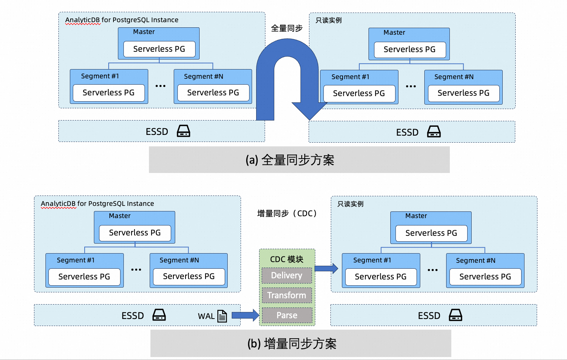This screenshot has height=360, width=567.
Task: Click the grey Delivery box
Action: [287, 275]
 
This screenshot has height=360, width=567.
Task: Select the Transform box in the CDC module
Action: [287, 295]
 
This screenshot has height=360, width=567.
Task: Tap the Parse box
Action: [287, 315]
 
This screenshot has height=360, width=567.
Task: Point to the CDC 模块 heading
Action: [287, 259]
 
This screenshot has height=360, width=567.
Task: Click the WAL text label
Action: [206, 316]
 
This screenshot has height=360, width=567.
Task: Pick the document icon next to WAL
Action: [222, 316]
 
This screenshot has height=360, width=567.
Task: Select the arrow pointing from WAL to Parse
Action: [245, 315]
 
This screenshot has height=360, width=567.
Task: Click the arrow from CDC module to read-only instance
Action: [326, 268]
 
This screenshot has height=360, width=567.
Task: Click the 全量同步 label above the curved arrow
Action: [287, 28]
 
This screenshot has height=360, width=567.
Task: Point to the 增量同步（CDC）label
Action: [287, 214]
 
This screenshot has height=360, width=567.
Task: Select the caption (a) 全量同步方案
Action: [290, 160]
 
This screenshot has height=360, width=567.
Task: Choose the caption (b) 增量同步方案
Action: [292, 344]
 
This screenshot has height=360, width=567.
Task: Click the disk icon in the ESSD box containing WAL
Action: [159, 315]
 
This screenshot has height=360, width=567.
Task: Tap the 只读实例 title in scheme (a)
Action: [329, 20]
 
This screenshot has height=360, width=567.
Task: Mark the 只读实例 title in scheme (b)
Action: [350, 204]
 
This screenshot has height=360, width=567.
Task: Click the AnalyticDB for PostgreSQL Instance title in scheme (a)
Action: [122, 20]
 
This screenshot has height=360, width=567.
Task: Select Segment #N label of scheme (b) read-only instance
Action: [476, 261]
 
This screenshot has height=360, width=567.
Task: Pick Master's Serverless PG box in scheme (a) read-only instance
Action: [410, 50]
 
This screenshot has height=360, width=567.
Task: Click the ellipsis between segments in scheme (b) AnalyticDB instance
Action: [136, 270]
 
